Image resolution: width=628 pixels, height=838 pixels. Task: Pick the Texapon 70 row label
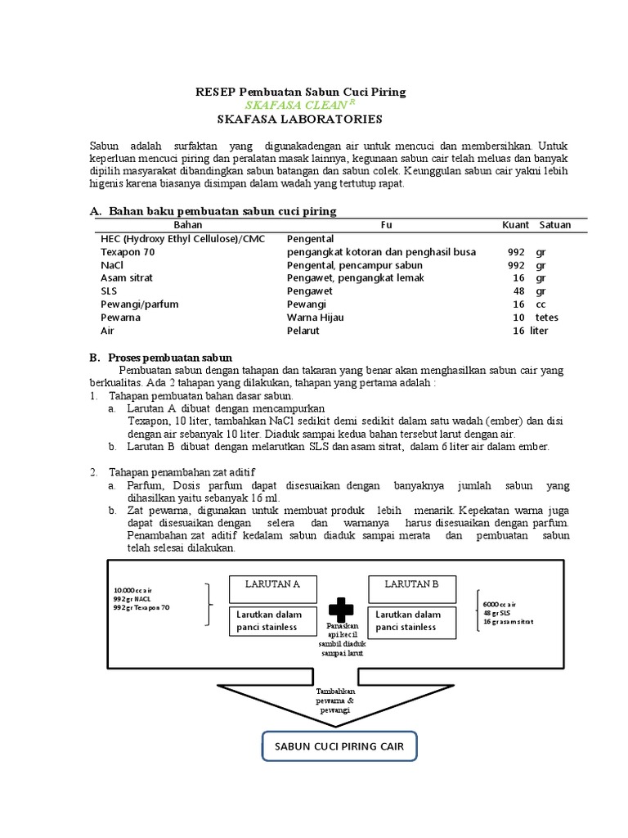click(127, 252)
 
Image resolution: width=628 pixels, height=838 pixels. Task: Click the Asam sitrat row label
click(126, 278)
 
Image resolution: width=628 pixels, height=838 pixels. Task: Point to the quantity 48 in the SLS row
click(518, 291)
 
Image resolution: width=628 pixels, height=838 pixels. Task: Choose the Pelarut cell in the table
click(303, 331)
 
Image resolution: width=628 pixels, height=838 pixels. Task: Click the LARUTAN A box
click(273, 584)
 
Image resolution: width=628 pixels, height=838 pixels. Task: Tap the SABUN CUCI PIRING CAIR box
click(339, 747)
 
